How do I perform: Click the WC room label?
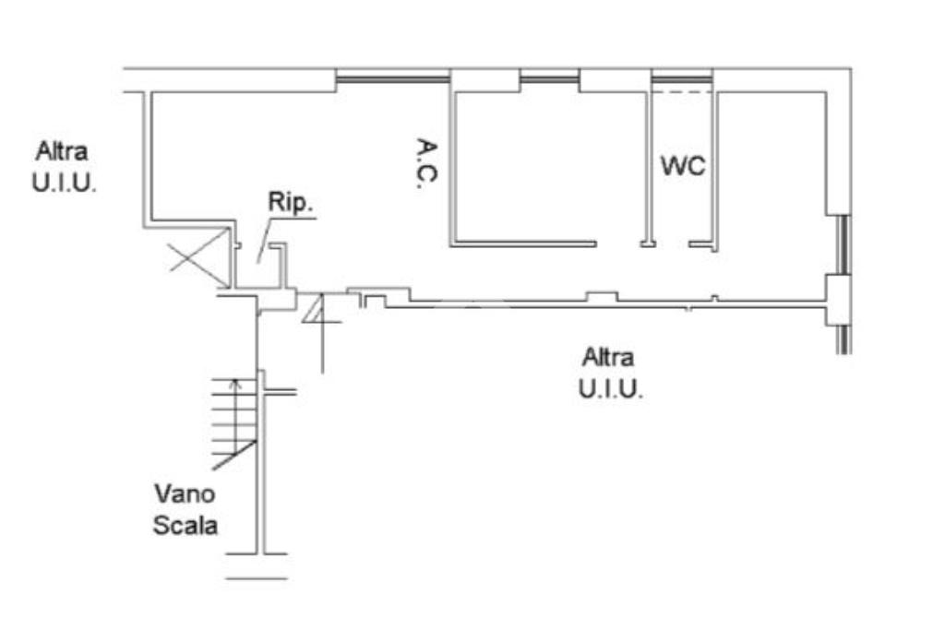[683, 167]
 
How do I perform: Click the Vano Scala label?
[185, 508]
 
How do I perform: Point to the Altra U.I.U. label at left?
[64, 166]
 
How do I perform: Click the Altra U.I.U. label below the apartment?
[610, 373]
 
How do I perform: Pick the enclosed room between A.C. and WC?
[549, 166]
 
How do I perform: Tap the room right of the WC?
[770, 184]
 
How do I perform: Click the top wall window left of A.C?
[391, 81]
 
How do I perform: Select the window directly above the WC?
[682, 81]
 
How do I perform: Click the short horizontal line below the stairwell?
[256, 578]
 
